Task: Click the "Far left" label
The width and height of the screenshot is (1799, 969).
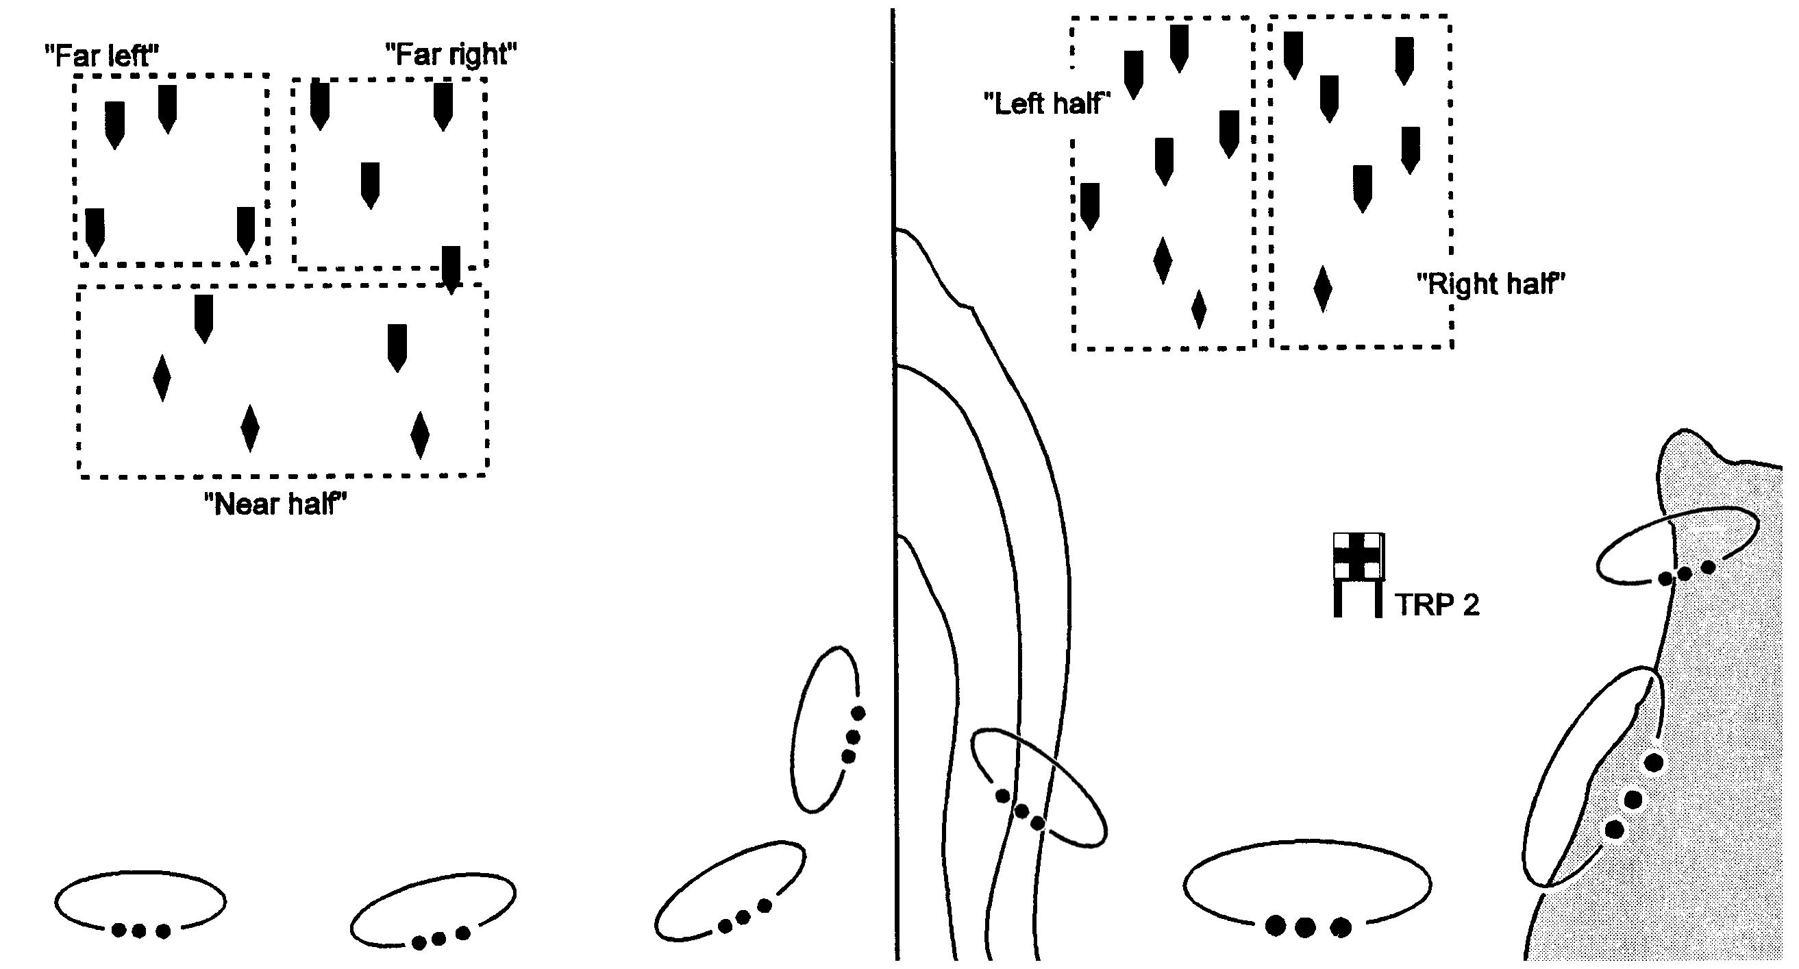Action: [x=102, y=56]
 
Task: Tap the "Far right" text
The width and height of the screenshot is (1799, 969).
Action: [x=451, y=53]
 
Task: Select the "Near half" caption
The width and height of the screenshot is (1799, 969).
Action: [x=275, y=504]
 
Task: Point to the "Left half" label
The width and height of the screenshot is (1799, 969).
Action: [x=1046, y=104]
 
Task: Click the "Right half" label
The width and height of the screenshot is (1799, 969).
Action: [x=1490, y=284]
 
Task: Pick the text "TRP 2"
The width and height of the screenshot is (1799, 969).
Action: [x=1437, y=605]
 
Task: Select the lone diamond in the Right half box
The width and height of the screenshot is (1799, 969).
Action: [x=1322, y=288]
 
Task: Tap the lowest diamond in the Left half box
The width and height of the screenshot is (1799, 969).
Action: [x=1198, y=310]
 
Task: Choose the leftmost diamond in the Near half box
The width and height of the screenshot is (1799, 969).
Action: [x=161, y=378]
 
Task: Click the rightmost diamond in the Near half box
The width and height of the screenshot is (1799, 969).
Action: [x=420, y=434]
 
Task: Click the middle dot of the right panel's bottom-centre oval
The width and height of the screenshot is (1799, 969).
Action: [x=1304, y=927]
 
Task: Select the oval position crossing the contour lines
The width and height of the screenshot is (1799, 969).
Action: [x=1039, y=788]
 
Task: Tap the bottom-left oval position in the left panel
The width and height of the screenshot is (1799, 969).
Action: [x=140, y=902]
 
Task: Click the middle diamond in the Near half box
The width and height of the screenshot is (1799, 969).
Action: [x=249, y=428]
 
